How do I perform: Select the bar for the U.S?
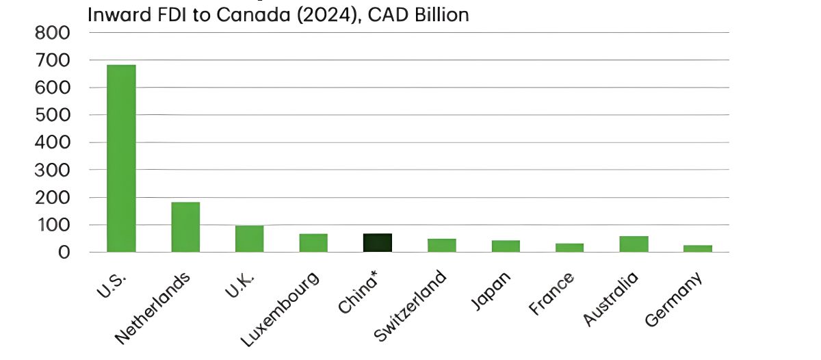point(121,158)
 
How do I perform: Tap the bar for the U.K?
point(249,238)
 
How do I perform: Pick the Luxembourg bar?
point(313,242)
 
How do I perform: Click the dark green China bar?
point(378,242)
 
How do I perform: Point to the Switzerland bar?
point(442,245)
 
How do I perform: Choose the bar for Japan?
point(506,246)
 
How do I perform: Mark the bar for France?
point(569,247)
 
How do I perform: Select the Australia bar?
point(634,244)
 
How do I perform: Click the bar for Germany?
point(698,248)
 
